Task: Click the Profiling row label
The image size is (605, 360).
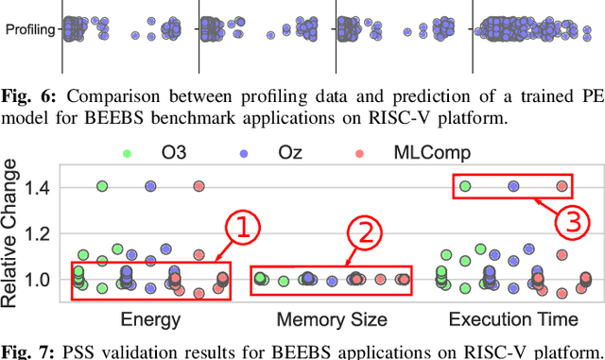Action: tap(29, 30)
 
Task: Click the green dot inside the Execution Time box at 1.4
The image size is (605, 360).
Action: tap(465, 187)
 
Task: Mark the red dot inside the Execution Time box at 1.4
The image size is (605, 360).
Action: tap(562, 187)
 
